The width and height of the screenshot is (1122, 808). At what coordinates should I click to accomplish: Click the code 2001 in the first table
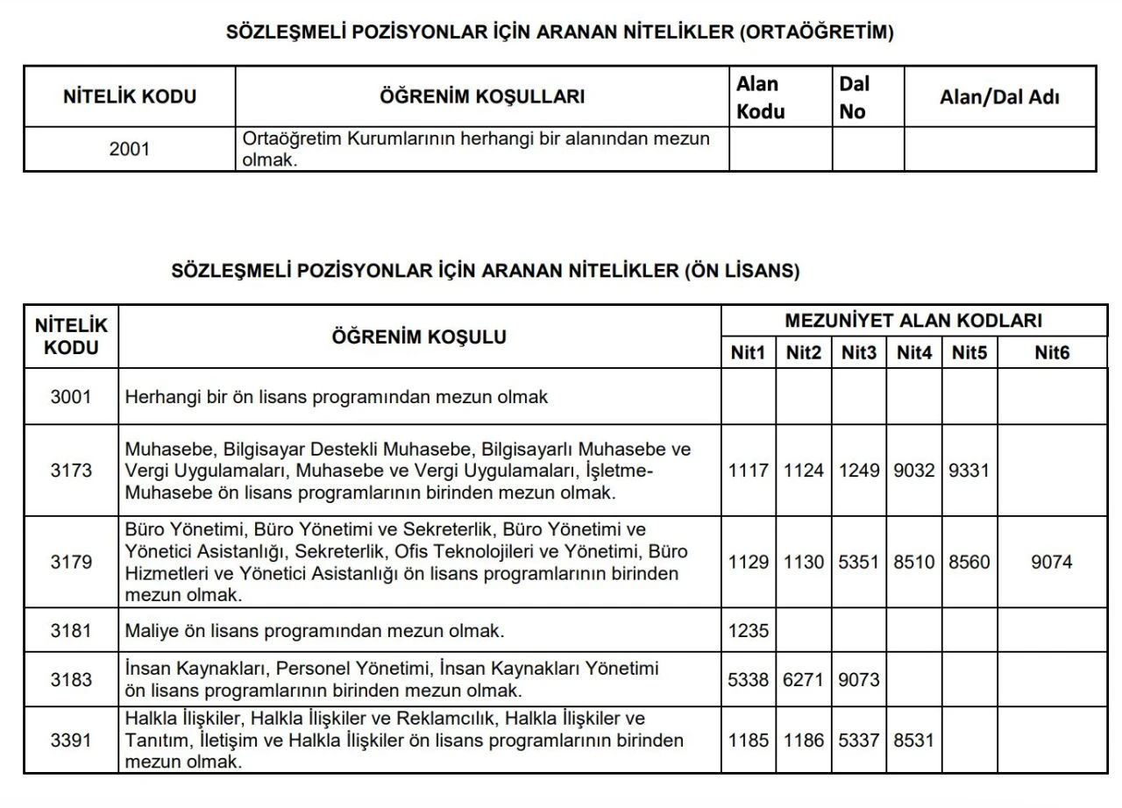pyautogui.click(x=130, y=149)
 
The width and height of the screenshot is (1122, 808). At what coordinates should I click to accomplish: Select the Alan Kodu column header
pyautogui.click(x=760, y=97)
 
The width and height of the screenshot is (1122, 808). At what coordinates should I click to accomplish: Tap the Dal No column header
pyautogui.click(x=854, y=97)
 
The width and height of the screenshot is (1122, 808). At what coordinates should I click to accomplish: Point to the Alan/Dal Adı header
pyautogui.click(x=999, y=97)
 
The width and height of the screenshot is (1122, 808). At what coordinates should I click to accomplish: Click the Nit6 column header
pyautogui.click(x=1052, y=353)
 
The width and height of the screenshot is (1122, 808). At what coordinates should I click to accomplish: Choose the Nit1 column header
pyautogui.click(x=748, y=353)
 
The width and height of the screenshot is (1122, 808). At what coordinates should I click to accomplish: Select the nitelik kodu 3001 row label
pyautogui.click(x=71, y=396)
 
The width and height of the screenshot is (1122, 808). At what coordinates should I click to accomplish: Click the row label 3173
pyautogui.click(x=71, y=471)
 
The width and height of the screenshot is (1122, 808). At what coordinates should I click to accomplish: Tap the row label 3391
pyautogui.click(x=71, y=740)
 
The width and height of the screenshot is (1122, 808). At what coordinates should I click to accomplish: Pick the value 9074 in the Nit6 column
pyautogui.click(x=1052, y=562)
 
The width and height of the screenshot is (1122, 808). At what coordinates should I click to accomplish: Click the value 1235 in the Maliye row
pyautogui.click(x=748, y=629)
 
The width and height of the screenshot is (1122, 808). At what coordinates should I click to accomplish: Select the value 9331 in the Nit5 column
pyautogui.click(x=969, y=471)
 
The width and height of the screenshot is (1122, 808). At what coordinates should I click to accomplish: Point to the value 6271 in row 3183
pyautogui.click(x=803, y=679)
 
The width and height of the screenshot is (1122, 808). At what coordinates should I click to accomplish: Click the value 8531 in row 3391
pyautogui.click(x=914, y=740)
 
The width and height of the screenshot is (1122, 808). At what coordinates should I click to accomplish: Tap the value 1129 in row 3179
pyautogui.click(x=748, y=562)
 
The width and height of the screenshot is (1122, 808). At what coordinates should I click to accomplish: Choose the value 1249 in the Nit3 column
pyautogui.click(x=858, y=471)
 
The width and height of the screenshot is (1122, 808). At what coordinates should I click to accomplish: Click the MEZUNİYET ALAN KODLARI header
pyautogui.click(x=913, y=321)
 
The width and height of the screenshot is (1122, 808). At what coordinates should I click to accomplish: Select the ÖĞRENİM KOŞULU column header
pyautogui.click(x=419, y=337)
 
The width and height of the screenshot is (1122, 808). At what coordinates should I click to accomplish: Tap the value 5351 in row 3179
pyautogui.click(x=858, y=562)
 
